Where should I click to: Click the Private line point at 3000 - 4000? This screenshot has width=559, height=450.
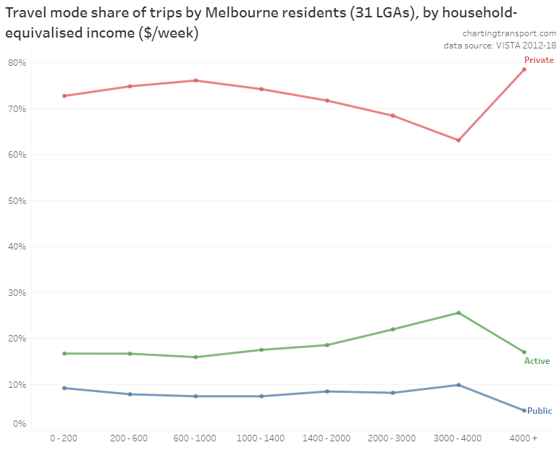click(x=458, y=140)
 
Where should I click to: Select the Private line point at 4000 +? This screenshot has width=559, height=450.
click(x=524, y=69)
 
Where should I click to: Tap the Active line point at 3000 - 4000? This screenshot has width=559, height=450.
click(x=458, y=313)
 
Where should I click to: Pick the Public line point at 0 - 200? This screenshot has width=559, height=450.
click(x=64, y=388)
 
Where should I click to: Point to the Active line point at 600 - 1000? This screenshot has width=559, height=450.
click(x=196, y=357)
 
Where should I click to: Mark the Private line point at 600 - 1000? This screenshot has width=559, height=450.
click(x=196, y=80)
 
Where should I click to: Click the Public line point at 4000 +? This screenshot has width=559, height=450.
click(x=524, y=410)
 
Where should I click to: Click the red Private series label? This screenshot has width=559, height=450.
click(x=539, y=60)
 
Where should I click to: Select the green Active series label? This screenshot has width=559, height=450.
click(x=537, y=361)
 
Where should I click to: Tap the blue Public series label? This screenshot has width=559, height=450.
click(x=539, y=411)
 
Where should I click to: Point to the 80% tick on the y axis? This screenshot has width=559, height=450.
click(x=17, y=63)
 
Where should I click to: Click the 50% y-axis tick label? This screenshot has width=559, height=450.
click(x=17, y=200)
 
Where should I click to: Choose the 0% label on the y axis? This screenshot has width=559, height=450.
click(x=19, y=424)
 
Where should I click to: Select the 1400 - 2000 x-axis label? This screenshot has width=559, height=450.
click(x=327, y=438)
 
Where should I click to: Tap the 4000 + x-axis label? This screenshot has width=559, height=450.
click(x=524, y=438)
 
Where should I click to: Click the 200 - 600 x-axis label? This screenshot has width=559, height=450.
click(x=130, y=438)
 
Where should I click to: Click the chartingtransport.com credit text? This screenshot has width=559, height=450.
click(x=509, y=33)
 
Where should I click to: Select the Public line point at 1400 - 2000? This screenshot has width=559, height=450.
click(x=327, y=391)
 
